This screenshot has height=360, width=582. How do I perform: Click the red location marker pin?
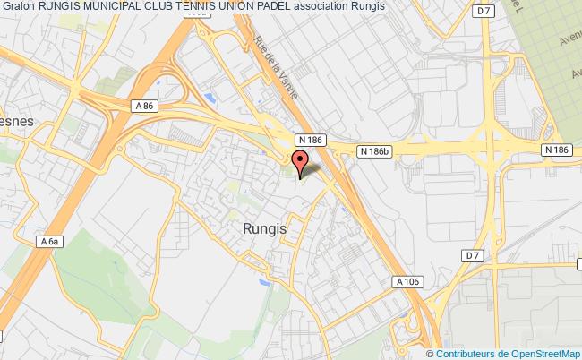coord(299,162)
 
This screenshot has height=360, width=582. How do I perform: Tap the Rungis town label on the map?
coord(265,228)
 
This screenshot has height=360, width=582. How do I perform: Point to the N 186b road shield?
coord(374,151)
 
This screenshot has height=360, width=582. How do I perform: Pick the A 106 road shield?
coord(407,280)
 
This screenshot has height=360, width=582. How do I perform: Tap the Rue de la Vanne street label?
coord(278,64)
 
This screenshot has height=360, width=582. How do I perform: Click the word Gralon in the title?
coord(18,6)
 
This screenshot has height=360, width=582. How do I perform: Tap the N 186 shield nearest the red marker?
coord(310,140)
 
